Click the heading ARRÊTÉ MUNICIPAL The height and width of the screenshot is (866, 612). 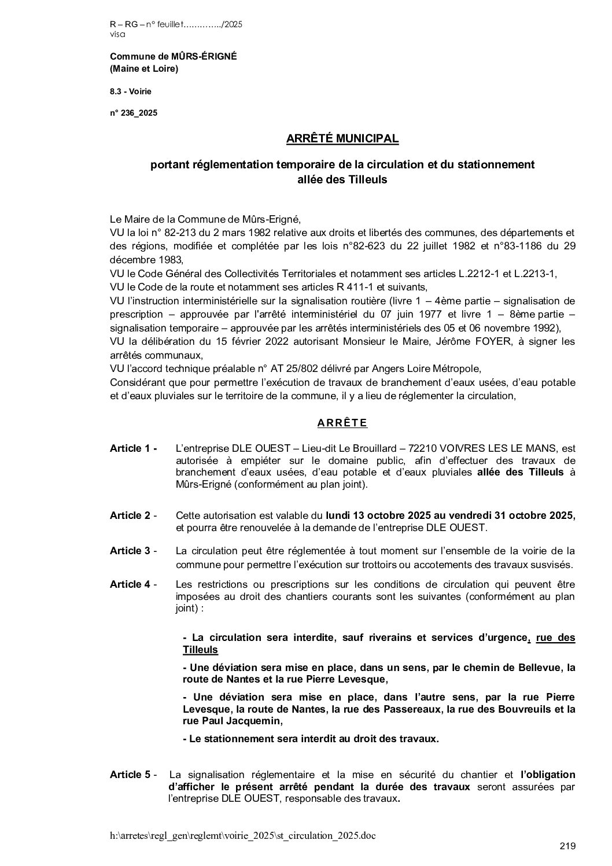342,139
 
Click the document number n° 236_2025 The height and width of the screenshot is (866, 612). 133,113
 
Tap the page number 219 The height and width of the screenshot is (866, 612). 567,846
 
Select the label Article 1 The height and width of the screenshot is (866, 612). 133,448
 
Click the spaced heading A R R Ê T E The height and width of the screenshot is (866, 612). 342,423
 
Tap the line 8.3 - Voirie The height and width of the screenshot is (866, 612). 131,91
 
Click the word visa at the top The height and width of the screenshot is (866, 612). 117,34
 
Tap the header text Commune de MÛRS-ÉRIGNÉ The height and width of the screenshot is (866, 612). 173,56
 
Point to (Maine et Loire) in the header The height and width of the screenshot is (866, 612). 144,69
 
